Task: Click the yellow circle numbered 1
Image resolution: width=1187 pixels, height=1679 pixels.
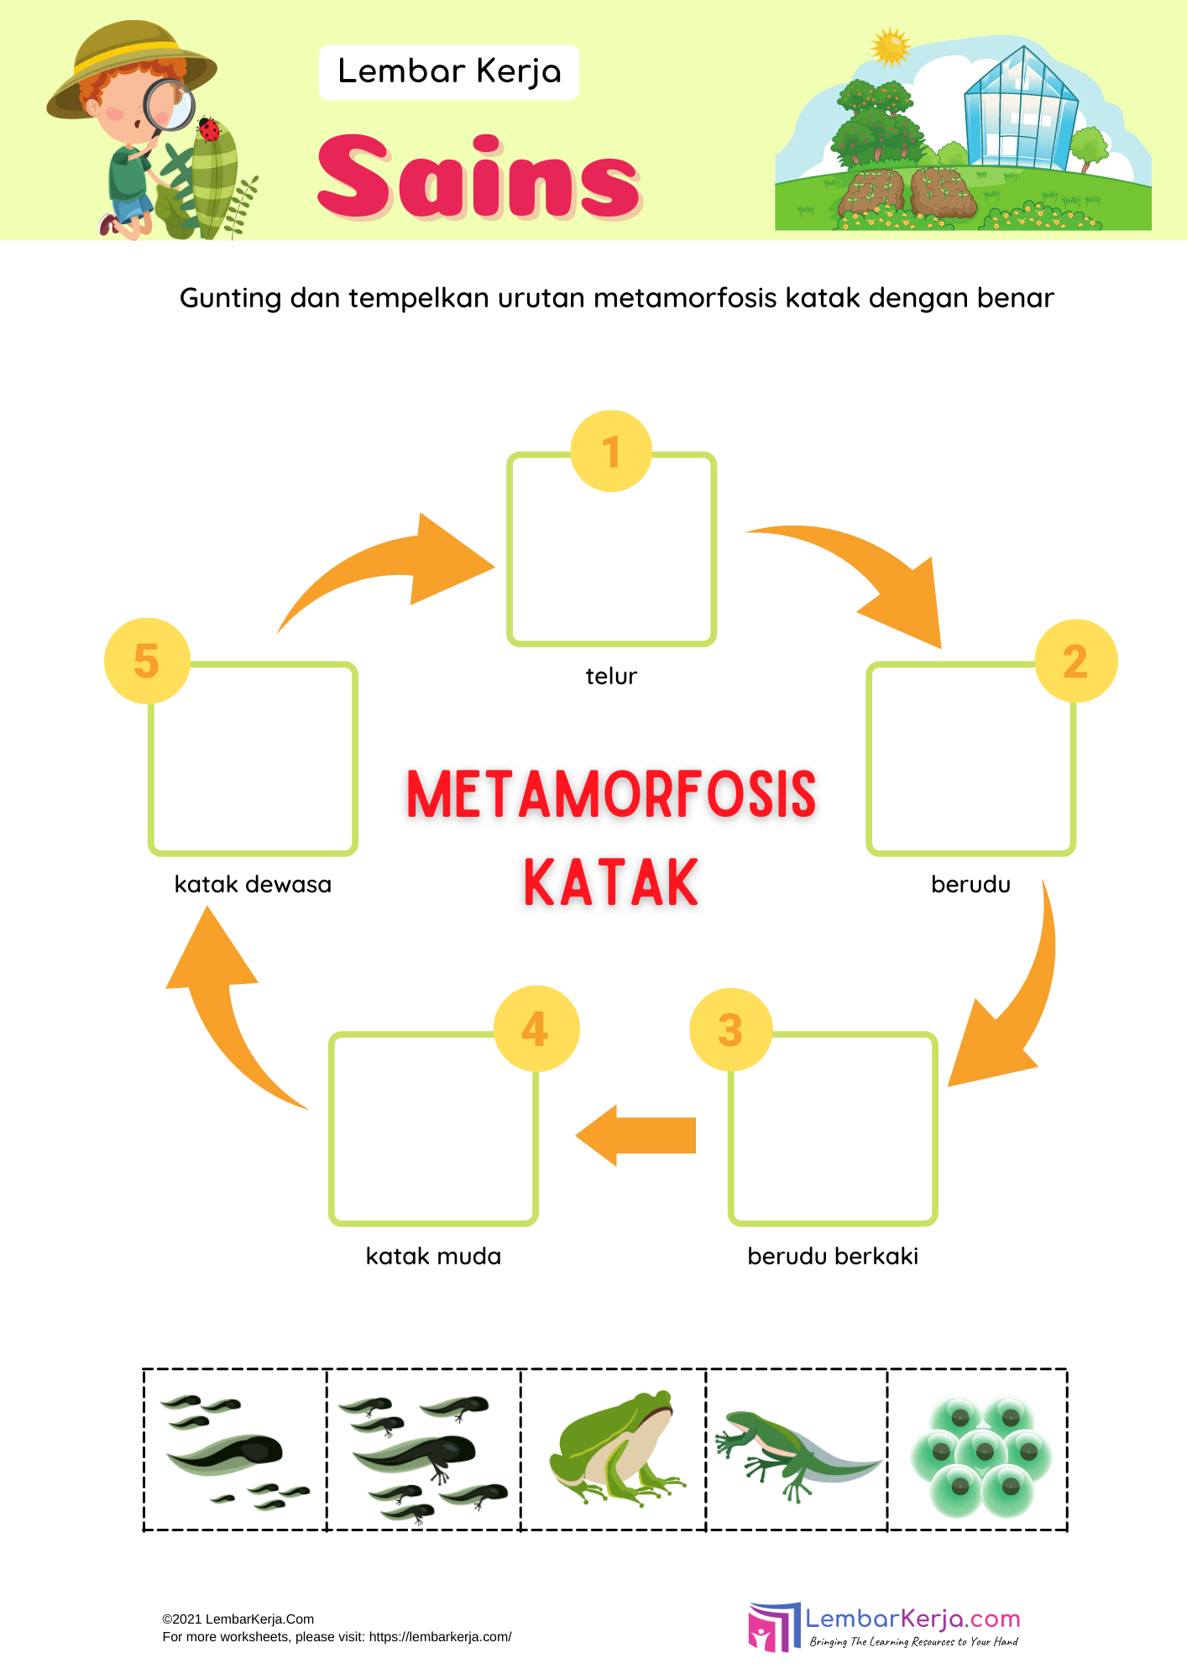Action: (x=611, y=451)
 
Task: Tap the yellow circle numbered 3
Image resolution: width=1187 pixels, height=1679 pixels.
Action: (x=730, y=1029)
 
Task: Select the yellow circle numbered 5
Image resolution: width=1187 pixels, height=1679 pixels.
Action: (x=147, y=661)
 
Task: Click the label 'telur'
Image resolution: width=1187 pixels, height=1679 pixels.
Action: (x=611, y=676)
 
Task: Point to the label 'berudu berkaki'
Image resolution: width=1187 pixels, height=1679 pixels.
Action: (x=833, y=1256)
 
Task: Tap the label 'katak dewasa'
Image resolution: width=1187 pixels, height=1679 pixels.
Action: (x=253, y=884)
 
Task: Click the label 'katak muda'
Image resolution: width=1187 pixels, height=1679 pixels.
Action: (x=433, y=1256)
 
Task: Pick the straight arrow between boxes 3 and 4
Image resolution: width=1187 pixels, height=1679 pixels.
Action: (x=637, y=1135)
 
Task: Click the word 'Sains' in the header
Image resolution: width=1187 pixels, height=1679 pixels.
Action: (x=478, y=178)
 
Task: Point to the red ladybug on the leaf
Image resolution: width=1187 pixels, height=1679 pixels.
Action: (x=208, y=129)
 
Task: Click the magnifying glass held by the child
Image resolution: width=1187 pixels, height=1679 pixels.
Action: (x=170, y=106)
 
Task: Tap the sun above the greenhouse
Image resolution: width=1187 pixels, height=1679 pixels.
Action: (x=891, y=47)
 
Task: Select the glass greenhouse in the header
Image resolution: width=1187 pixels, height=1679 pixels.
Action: (x=1020, y=109)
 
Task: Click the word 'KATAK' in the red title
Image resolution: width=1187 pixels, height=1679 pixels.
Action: (x=611, y=883)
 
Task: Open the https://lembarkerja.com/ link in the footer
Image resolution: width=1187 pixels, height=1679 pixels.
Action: (x=440, y=1636)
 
